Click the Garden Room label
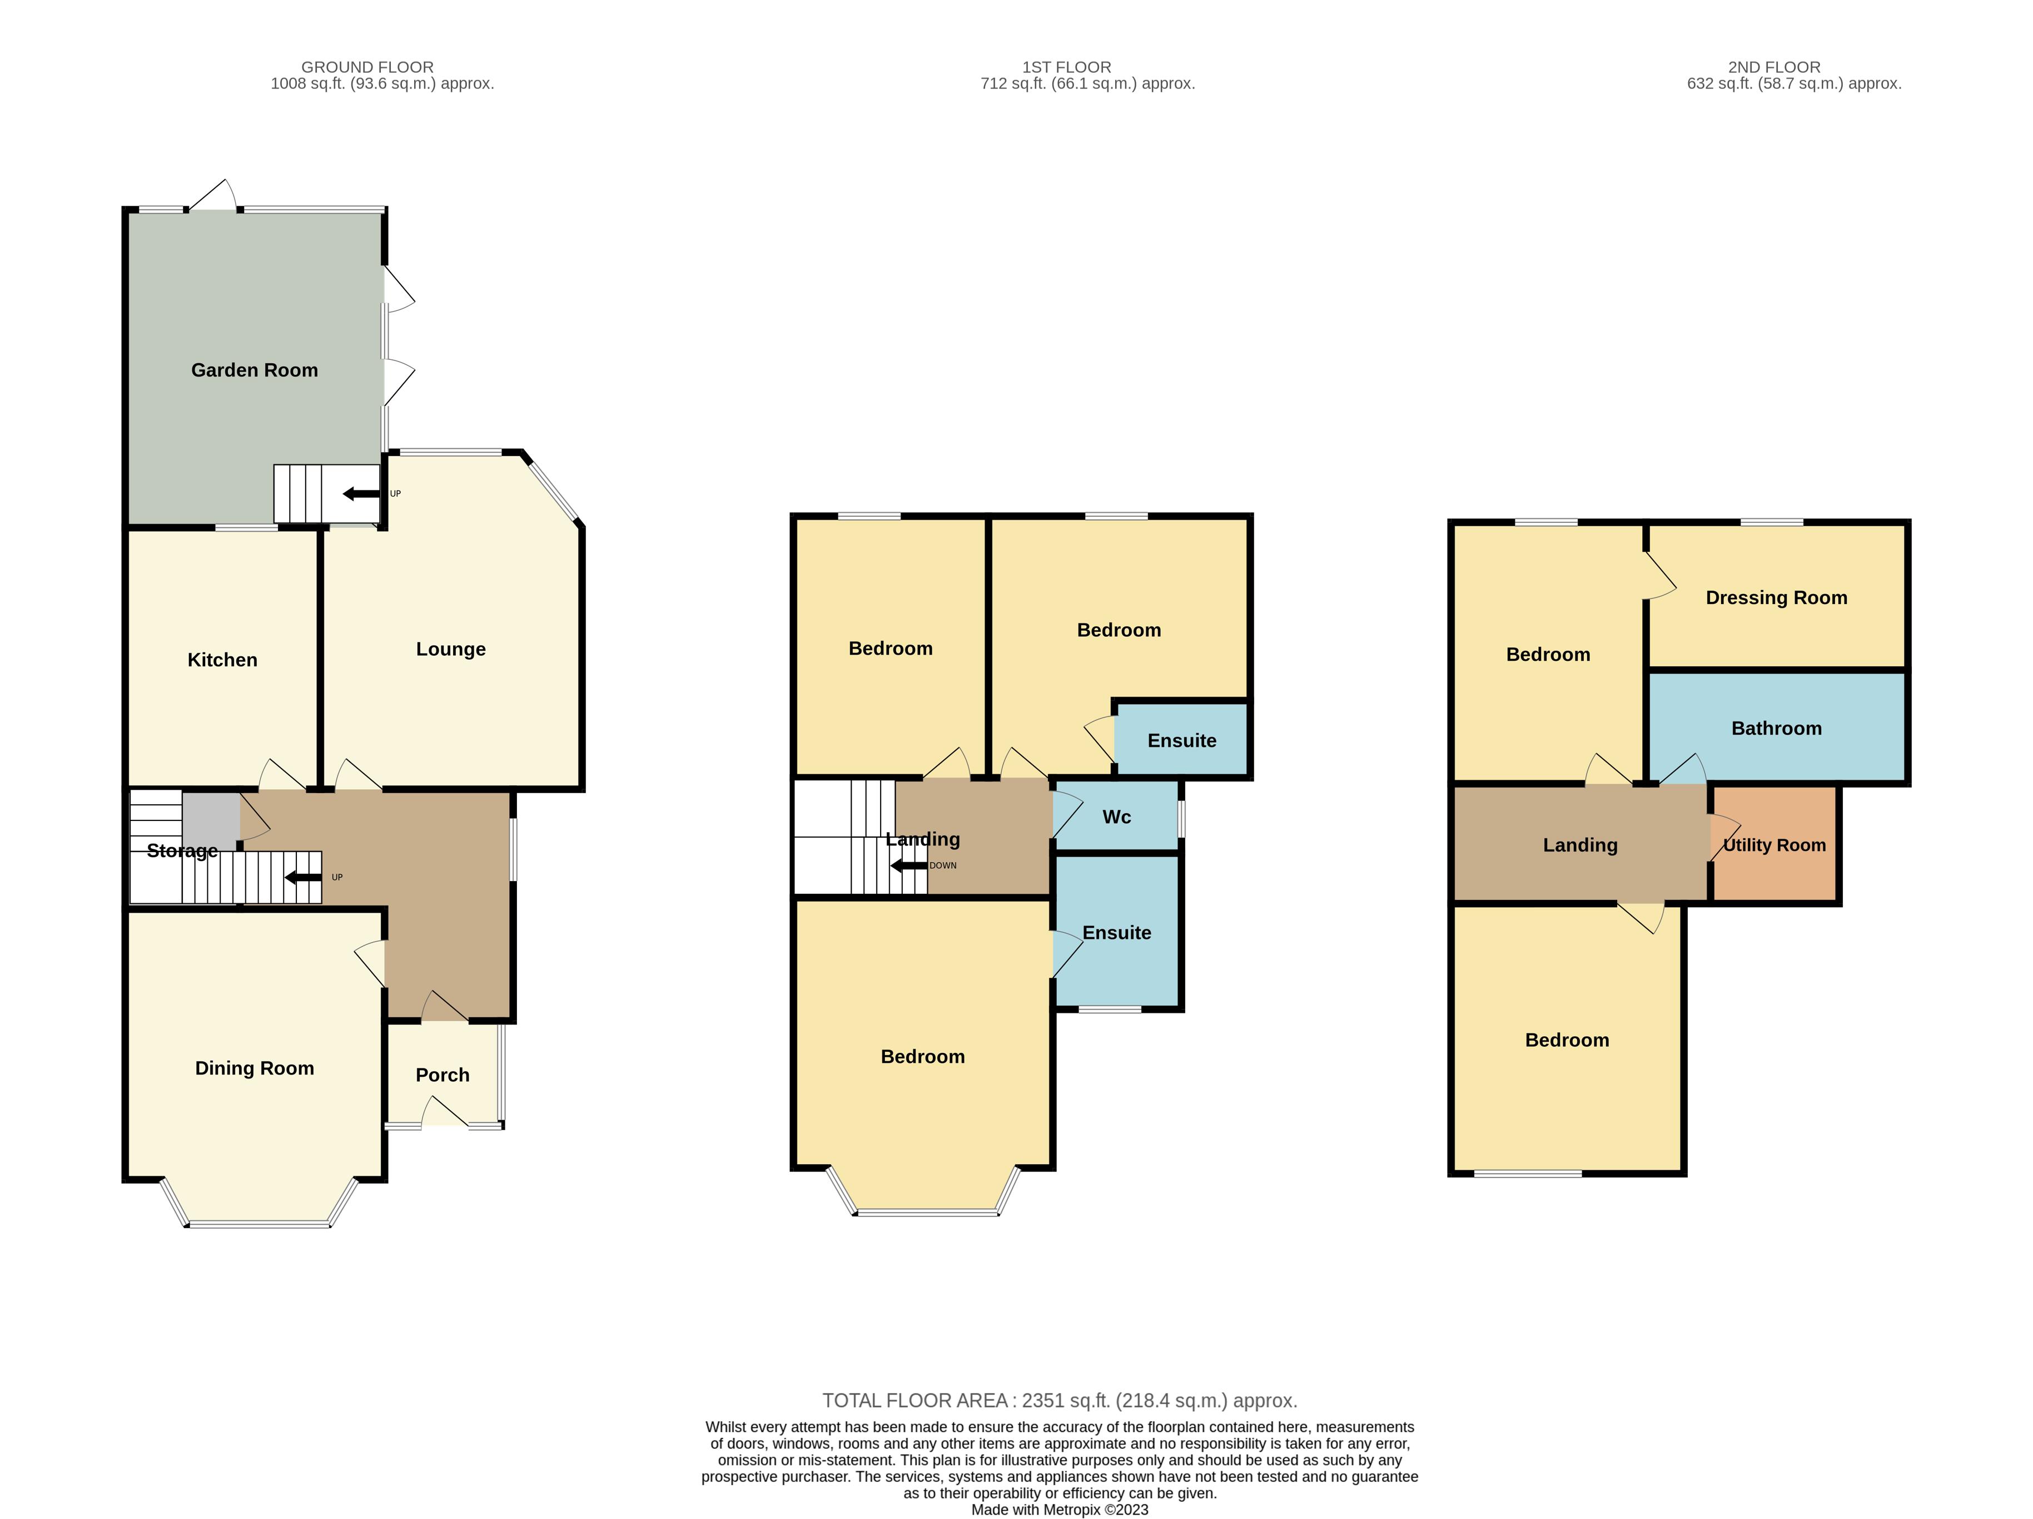[x=255, y=370]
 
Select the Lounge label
[x=450, y=649]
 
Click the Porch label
[x=442, y=1075]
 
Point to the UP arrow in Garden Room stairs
[x=361, y=494]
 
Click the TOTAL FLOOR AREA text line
[x=1060, y=1401]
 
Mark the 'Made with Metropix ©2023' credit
[x=1060, y=1510]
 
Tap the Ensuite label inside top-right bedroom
[x=1182, y=741]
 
